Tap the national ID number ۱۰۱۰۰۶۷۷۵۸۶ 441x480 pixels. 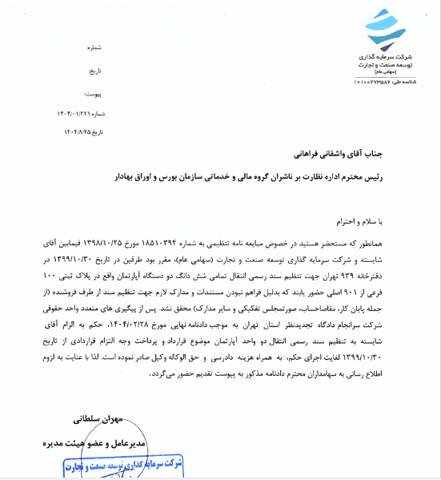(375, 82)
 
